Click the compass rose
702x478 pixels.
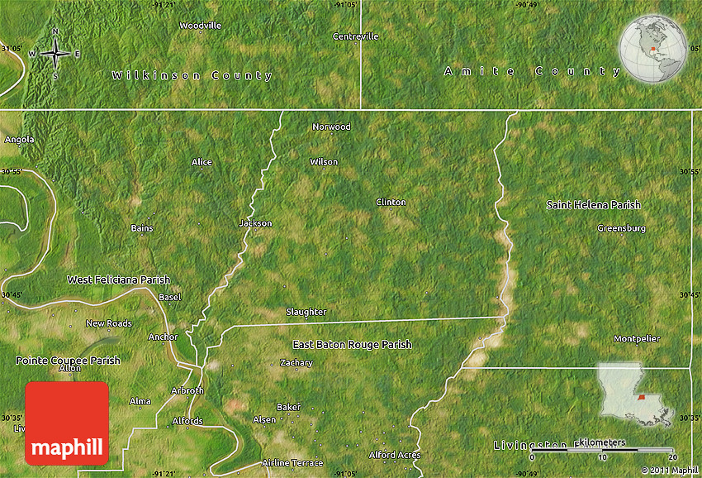tap(55, 54)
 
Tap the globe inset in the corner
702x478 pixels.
tap(652, 50)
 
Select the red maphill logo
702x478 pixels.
tap(67, 423)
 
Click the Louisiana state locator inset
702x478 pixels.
tap(634, 394)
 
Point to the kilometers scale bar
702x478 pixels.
tap(603, 450)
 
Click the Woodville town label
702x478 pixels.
tap(201, 26)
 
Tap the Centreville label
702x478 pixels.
tap(356, 36)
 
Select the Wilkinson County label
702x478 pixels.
tap(192, 75)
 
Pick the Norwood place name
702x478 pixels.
tap(331, 127)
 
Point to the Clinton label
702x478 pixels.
tap(391, 202)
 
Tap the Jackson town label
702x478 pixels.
tap(255, 223)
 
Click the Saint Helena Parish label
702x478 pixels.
tap(593, 204)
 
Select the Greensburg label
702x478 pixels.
tap(621, 227)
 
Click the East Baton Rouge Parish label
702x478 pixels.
tap(352, 344)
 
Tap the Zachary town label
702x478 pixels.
tap(296, 362)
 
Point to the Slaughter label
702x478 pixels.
tap(306, 312)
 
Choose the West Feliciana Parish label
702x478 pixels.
tap(119, 280)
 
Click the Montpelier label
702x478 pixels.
tap(637, 339)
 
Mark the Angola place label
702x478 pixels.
tap(19, 140)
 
